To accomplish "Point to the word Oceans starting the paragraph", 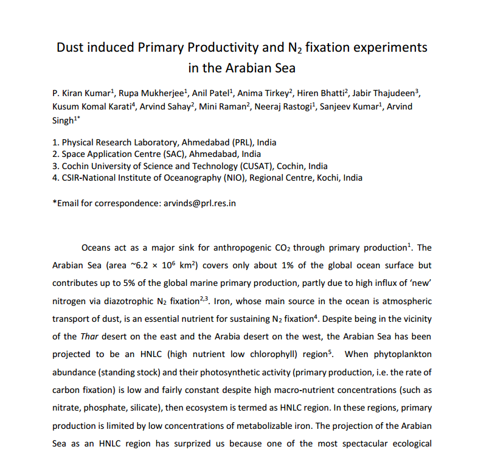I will [95, 248].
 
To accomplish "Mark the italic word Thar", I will [89, 336].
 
